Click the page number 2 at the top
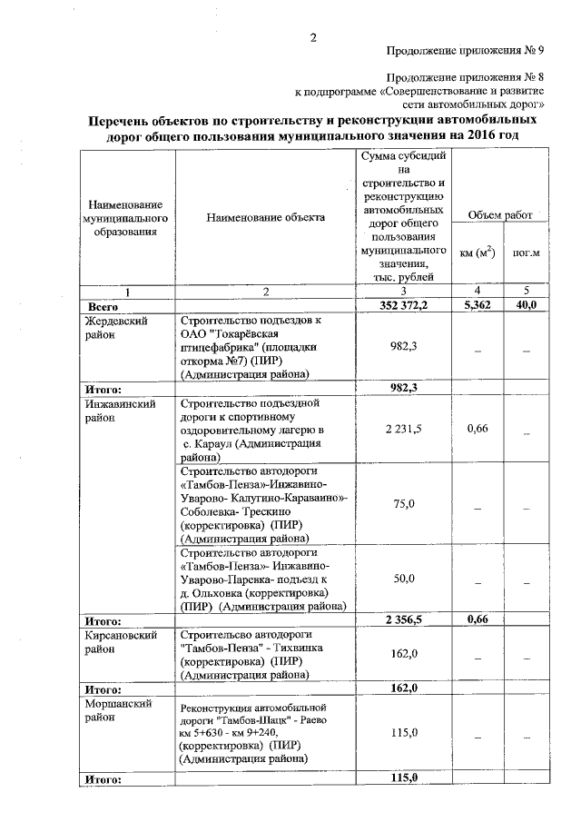(x=313, y=37)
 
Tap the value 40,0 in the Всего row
(x=526, y=306)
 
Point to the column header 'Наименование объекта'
(x=265, y=217)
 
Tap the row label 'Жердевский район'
(x=115, y=328)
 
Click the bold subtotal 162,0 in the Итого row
(x=401, y=688)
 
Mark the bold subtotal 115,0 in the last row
(x=401, y=778)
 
